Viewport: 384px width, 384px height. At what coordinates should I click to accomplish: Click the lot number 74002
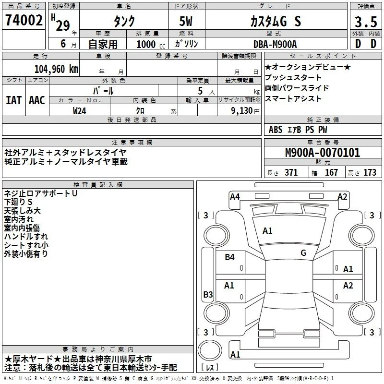coord(24,20)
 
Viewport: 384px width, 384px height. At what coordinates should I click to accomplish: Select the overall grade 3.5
coord(366,22)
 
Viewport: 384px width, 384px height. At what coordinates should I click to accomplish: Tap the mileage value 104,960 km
coord(56,69)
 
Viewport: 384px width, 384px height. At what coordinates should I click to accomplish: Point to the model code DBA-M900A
coord(275,44)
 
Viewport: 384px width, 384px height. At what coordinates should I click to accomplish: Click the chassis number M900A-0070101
coord(323,153)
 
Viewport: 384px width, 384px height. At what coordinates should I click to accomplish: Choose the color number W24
coord(79,111)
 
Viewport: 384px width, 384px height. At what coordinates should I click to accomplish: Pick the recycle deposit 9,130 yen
coord(245,111)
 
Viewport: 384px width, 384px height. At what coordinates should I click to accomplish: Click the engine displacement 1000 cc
coord(151,44)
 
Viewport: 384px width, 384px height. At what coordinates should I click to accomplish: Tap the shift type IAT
coord(14,100)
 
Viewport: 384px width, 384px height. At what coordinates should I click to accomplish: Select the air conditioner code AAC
coord(37,100)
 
